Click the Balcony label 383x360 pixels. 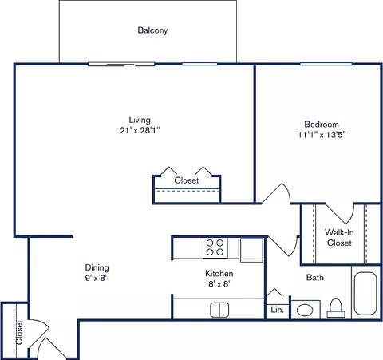(152, 31)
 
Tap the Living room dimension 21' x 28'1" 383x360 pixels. (134, 130)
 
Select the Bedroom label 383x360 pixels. (322, 124)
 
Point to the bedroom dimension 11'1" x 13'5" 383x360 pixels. (322, 135)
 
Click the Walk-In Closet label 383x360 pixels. (339, 237)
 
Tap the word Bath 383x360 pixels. (316, 278)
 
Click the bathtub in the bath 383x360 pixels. (366, 295)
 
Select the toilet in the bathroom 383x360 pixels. (336, 307)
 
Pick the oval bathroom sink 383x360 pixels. (305, 310)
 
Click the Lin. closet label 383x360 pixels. (277, 309)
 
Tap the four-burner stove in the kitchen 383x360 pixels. (215, 248)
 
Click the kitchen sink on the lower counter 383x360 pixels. (219, 310)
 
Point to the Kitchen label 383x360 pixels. (218, 274)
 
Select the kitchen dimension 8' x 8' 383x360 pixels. (218, 284)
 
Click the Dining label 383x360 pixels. (97, 267)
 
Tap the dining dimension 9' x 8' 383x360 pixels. (97, 279)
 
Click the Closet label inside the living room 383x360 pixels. (186, 180)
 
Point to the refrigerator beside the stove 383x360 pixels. (251, 249)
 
